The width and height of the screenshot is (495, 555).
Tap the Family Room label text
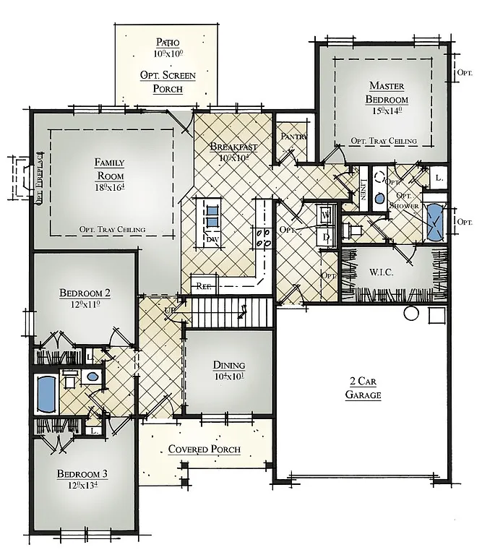(110, 169)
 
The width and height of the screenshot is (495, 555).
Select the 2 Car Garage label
(363, 389)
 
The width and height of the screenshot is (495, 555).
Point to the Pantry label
(294, 137)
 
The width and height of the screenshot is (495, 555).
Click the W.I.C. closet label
(381, 273)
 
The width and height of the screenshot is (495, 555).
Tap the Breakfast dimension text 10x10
(233, 158)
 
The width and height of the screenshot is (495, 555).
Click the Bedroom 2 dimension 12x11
(85, 305)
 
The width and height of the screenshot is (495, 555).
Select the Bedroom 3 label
(83, 474)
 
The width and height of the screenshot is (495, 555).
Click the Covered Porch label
(204, 449)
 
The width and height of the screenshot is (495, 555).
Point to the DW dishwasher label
(212, 238)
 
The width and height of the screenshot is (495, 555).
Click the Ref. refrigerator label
(204, 286)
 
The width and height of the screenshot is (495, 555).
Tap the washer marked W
(326, 215)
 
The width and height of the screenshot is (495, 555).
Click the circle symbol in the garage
(411, 314)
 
